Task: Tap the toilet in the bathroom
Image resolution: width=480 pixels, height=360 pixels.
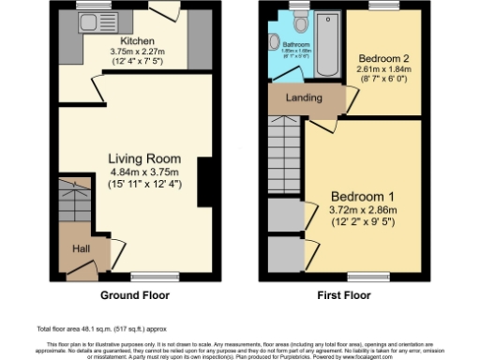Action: coord(276,43)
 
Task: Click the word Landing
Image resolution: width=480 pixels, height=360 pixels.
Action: coord(305,97)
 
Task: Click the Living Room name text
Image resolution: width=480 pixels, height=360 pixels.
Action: coord(143,158)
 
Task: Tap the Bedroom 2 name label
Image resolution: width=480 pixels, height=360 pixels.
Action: coord(381,58)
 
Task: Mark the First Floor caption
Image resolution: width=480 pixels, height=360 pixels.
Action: coord(343,294)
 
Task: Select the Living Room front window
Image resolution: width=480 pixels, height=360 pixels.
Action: coord(147,277)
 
